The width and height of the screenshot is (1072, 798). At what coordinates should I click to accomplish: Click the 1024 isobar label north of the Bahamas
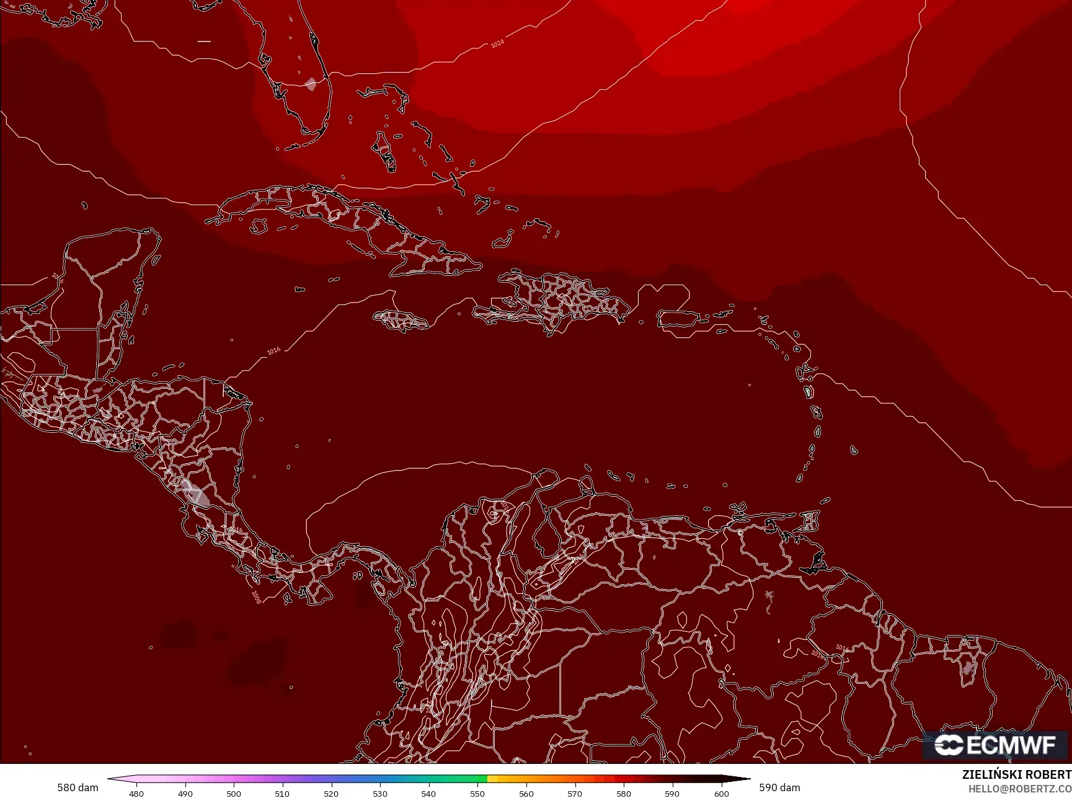pos(497,43)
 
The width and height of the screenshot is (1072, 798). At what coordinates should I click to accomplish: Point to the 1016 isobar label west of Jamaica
pos(273,351)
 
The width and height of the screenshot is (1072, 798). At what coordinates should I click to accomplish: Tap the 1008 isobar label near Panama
pos(256,596)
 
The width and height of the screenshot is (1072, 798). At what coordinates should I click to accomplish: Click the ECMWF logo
pos(994,745)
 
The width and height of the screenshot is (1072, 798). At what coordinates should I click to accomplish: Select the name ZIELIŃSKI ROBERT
pos(1016,774)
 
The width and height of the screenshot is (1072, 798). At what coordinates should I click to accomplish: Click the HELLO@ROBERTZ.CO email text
pos(1020,789)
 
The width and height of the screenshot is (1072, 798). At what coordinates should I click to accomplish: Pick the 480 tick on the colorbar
pos(136,793)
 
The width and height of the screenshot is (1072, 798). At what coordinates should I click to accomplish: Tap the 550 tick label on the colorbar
pos(477,793)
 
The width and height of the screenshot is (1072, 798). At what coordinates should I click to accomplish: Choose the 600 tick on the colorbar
pos(721,793)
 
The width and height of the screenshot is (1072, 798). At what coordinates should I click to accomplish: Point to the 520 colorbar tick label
pos(331,793)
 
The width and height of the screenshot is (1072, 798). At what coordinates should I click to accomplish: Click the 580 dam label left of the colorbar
pos(78,787)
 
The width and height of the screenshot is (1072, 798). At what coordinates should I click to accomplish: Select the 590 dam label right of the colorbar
pos(779,787)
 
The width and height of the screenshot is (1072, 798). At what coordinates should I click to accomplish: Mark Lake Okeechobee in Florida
pos(311,84)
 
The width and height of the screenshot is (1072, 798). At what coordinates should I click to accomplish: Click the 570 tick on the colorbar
pos(575,793)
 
